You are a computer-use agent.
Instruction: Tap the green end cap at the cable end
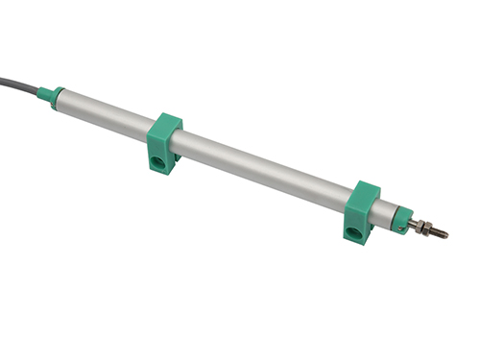coord(58,95)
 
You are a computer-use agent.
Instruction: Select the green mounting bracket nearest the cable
coord(165,140)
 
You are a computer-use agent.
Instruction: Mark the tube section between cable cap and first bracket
coord(106,110)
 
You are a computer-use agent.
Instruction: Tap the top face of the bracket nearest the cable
coord(167,123)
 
